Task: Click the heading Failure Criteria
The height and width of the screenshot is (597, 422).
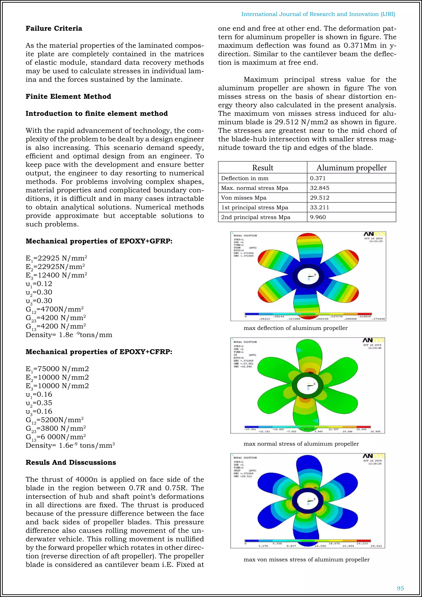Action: [x=54, y=28]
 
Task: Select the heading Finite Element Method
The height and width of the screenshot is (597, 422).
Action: [x=68, y=96]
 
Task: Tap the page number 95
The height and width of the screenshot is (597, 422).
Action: [x=400, y=588]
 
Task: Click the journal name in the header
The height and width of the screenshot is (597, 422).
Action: [x=318, y=14]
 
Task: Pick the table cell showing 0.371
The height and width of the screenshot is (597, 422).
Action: [x=318, y=178]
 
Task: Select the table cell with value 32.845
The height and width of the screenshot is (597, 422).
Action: [x=320, y=188]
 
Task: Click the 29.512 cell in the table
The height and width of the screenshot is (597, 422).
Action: [x=320, y=198]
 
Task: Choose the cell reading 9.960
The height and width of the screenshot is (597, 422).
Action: [x=318, y=217]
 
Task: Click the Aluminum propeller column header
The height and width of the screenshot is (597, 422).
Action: [x=351, y=168]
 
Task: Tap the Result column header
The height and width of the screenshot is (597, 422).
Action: [x=263, y=168]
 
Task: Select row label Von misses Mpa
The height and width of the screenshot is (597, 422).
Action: [x=244, y=198]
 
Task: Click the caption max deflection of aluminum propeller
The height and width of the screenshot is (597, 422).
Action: [x=295, y=328]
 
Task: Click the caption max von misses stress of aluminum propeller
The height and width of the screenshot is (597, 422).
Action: [x=306, y=559]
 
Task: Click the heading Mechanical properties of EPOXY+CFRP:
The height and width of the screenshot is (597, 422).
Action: [x=99, y=352]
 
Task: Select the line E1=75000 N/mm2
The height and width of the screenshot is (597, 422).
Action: [x=57, y=369]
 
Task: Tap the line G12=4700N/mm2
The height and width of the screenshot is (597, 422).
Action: [x=55, y=309]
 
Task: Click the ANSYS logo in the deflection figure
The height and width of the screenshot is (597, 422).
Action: [x=374, y=234]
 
